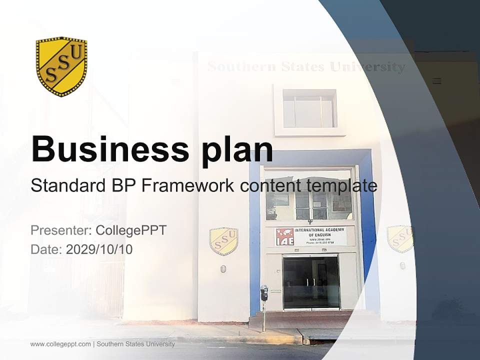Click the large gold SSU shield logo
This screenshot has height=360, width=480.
tap(61, 66)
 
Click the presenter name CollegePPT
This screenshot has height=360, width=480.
tap(131, 230)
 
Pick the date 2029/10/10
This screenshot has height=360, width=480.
tap(99, 249)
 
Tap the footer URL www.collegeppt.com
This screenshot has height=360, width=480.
tap(60, 344)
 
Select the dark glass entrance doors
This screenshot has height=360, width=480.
tap(310, 282)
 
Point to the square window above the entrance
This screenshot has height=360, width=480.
tap(309, 108)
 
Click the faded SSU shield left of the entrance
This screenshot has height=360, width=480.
tap(223, 241)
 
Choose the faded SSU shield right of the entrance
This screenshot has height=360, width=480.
tap(400, 238)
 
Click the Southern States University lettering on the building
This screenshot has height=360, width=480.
tap(306, 66)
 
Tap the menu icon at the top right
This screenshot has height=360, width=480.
tap(436, 81)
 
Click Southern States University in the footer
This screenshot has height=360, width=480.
tap(136, 344)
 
